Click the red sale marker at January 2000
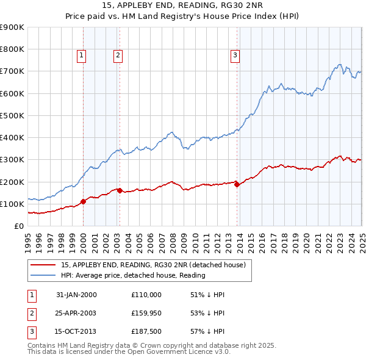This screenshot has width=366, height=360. [84, 202]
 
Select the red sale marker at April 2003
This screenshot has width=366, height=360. [120, 190]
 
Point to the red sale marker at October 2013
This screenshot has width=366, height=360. [237, 184]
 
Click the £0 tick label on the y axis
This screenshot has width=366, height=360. [19, 226]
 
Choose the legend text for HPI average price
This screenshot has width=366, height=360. [133, 275]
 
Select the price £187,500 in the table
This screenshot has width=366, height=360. [146, 333]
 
